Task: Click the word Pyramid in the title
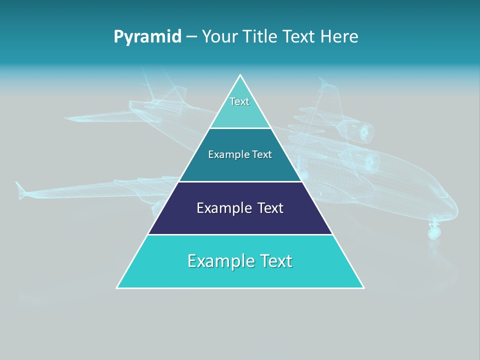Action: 147,37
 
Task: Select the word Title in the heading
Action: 261,37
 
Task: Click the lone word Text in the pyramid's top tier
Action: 239,101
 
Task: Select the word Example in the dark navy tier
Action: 223,208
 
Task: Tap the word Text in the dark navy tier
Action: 270,208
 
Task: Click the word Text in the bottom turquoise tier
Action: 275,261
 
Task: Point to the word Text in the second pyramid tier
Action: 262,154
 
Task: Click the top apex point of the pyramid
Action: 240,75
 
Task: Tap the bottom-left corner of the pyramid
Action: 117,287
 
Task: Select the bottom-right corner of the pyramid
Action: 363,287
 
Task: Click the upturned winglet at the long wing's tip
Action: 20,190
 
